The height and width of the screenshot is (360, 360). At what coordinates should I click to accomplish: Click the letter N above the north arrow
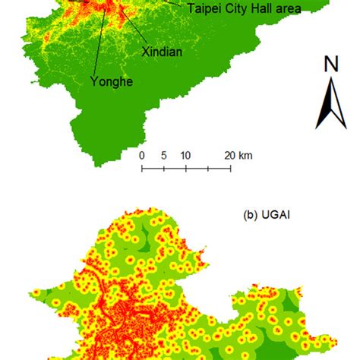(x=331, y=65)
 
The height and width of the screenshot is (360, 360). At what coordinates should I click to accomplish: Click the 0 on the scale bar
(x=142, y=155)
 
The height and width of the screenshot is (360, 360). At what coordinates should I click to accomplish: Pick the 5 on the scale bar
(x=163, y=155)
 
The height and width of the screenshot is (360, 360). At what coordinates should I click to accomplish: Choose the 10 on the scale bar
(x=184, y=155)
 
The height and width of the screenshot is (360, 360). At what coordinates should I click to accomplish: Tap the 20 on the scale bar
(x=228, y=155)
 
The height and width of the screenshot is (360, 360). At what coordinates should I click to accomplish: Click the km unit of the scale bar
(x=246, y=155)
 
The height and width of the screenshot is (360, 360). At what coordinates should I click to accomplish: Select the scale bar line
(x=186, y=167)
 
